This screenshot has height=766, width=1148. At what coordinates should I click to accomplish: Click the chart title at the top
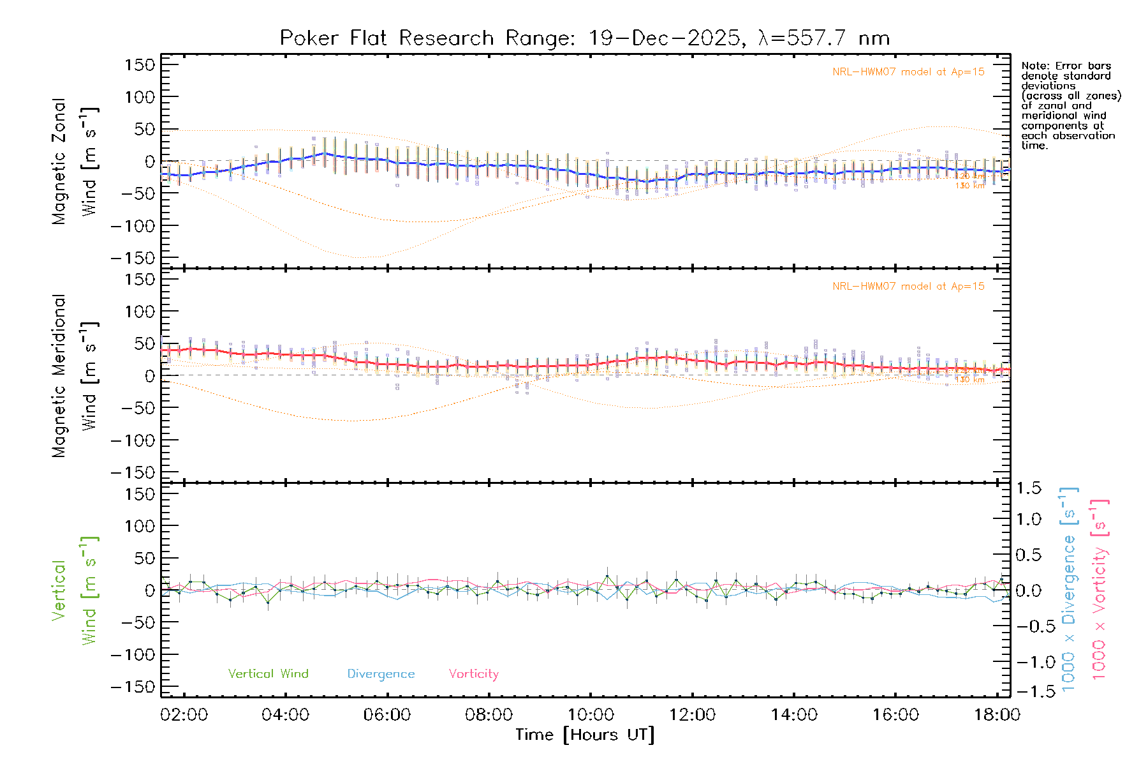584,38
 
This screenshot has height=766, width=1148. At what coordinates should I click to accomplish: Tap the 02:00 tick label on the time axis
184,715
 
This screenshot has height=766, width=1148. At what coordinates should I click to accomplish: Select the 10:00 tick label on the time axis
591,715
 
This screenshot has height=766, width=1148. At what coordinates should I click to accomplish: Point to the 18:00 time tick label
997,715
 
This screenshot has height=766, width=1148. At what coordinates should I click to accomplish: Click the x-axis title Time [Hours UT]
585,735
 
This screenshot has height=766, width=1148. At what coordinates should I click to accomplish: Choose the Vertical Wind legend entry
268,674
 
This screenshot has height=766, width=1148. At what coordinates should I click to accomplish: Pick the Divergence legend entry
381,674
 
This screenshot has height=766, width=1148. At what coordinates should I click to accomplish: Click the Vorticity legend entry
473,674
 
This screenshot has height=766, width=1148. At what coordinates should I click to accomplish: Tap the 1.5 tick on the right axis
1028,488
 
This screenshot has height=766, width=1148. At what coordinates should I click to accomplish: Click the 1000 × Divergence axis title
1069,589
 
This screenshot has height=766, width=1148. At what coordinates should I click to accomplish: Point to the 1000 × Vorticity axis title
1100,589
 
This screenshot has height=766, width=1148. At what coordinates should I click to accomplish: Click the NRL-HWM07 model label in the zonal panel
908,72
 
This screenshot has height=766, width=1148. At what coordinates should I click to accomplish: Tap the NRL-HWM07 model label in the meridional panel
908,287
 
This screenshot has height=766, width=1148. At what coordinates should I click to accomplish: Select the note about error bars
1070,105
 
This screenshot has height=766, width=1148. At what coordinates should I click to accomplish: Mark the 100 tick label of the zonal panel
140,97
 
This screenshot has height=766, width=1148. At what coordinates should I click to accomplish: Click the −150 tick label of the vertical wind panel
133,687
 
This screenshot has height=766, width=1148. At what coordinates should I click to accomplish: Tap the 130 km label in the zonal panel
969,186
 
